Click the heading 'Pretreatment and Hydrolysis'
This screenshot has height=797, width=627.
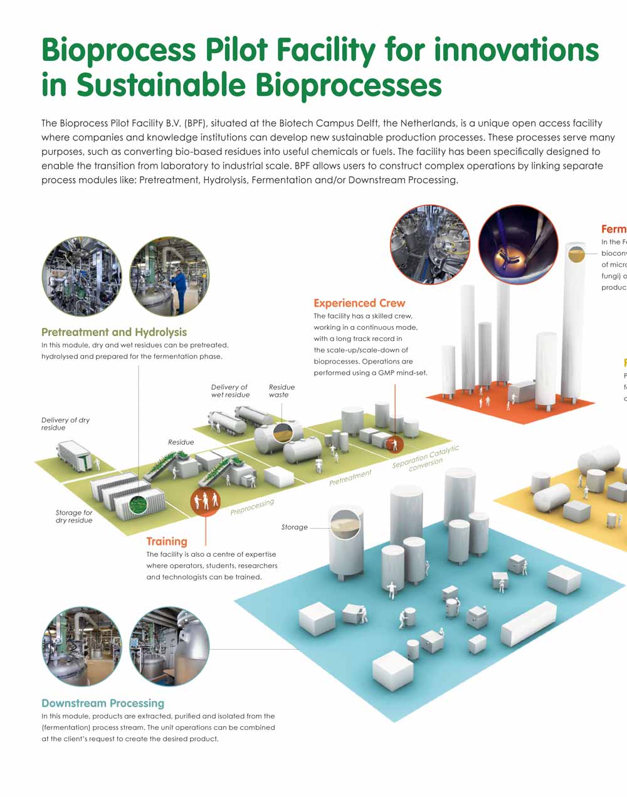(x=114, y=332)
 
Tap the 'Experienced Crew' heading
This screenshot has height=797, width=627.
(x=359, y=303)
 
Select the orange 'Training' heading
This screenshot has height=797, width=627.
(x=167, y=541)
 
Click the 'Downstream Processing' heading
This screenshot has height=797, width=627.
(x=103, y=703)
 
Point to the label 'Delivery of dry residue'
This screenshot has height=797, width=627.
(x=65, y=424)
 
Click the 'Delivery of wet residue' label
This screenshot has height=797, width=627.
(x=229, y=391)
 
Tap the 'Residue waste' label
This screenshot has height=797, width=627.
(x=282, y=391)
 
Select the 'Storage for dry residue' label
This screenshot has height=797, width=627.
(x=74, y=516)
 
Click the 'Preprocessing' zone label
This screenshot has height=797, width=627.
(x=252, y=507)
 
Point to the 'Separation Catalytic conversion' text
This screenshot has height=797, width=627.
(x=426, y=458)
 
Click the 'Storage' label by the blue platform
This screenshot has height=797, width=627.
(x=295, y=527)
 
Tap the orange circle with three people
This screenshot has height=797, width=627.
(x=206, y=500)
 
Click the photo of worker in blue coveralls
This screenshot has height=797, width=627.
(x=169, y=277)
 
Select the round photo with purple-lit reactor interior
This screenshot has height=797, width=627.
(x=517, y=245)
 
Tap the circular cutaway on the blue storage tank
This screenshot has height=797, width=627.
(x=345, y=525)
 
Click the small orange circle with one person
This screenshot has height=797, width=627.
(x=395, y=443)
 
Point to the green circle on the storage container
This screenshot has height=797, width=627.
(x=137, y=504)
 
